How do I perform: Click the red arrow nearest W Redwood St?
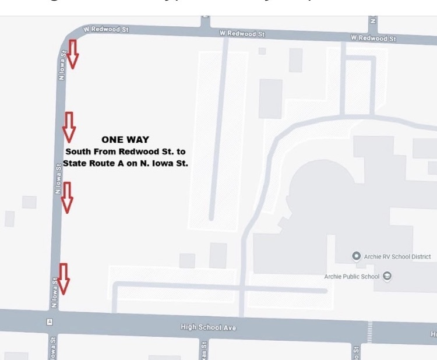coord(73,54)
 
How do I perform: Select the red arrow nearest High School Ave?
coord(64,278)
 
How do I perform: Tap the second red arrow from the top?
coord(69,126)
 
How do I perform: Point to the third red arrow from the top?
coord(67,196)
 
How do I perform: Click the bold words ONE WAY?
coord(125,139)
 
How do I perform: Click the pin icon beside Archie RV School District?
coord(356,256)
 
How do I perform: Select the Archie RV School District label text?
coord(397,257)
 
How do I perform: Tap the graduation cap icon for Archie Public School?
coord(387,276)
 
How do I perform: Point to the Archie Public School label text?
coord(351,277)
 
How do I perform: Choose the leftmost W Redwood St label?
coord(105,29)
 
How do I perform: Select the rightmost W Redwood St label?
coord(373,38)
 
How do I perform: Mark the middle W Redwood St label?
coord(242,33)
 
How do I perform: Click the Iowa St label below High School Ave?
coord(52,348)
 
